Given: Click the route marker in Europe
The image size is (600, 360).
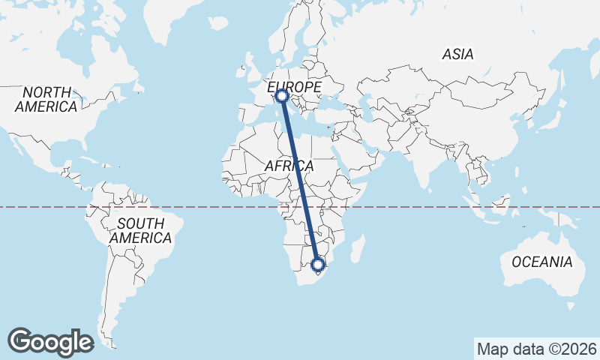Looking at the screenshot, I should pyautogui.click(x=282, y=95).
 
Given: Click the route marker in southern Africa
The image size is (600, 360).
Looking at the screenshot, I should pyautogui.click(x=317, y=264).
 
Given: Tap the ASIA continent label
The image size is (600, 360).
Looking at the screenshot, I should pyautogui.click(x=457, y=54).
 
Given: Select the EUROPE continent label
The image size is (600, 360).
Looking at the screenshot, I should pyautogui.click(x=294, y=87).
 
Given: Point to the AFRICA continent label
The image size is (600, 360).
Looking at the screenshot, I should pyautogui.click(x=289, y=165).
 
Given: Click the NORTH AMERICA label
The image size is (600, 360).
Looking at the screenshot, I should pyautogui.click(x=46, y=99).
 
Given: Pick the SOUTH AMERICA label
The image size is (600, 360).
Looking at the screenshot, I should pyautogui.click(x=140, y=230).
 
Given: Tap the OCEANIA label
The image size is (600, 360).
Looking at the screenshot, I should pyautogui.click(x=542, y=262).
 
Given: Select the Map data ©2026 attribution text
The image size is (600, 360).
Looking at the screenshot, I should pyautogui.click(x=537, y=349).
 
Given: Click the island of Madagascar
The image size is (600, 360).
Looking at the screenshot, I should pyautogui.click(x=358, y=249).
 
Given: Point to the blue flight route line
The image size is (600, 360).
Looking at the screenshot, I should pyautogui.click(x=299, y=180).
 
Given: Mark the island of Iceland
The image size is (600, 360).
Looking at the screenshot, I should pyautogui.click(x=218, y=24).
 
